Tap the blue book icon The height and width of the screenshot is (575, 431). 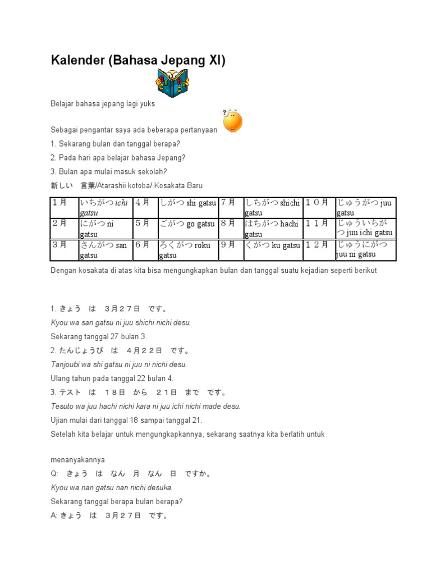[172, 83]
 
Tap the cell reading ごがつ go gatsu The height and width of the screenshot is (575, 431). [187, 224]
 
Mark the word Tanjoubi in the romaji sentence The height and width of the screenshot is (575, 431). [66, 364]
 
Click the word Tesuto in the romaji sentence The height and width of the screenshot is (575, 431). [62, 406]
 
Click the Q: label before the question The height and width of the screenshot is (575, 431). [54, 473]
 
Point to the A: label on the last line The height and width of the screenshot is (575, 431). [54, 515]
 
